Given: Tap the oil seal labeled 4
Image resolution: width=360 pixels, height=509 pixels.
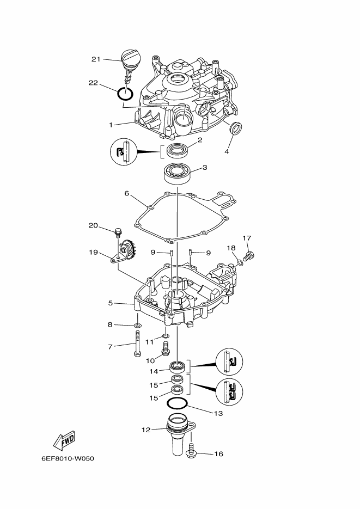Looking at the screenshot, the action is point(235,127).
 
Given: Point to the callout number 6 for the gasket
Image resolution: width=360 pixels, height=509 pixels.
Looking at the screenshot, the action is point(126,193).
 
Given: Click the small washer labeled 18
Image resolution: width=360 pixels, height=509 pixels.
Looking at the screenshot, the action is point(239,262).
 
